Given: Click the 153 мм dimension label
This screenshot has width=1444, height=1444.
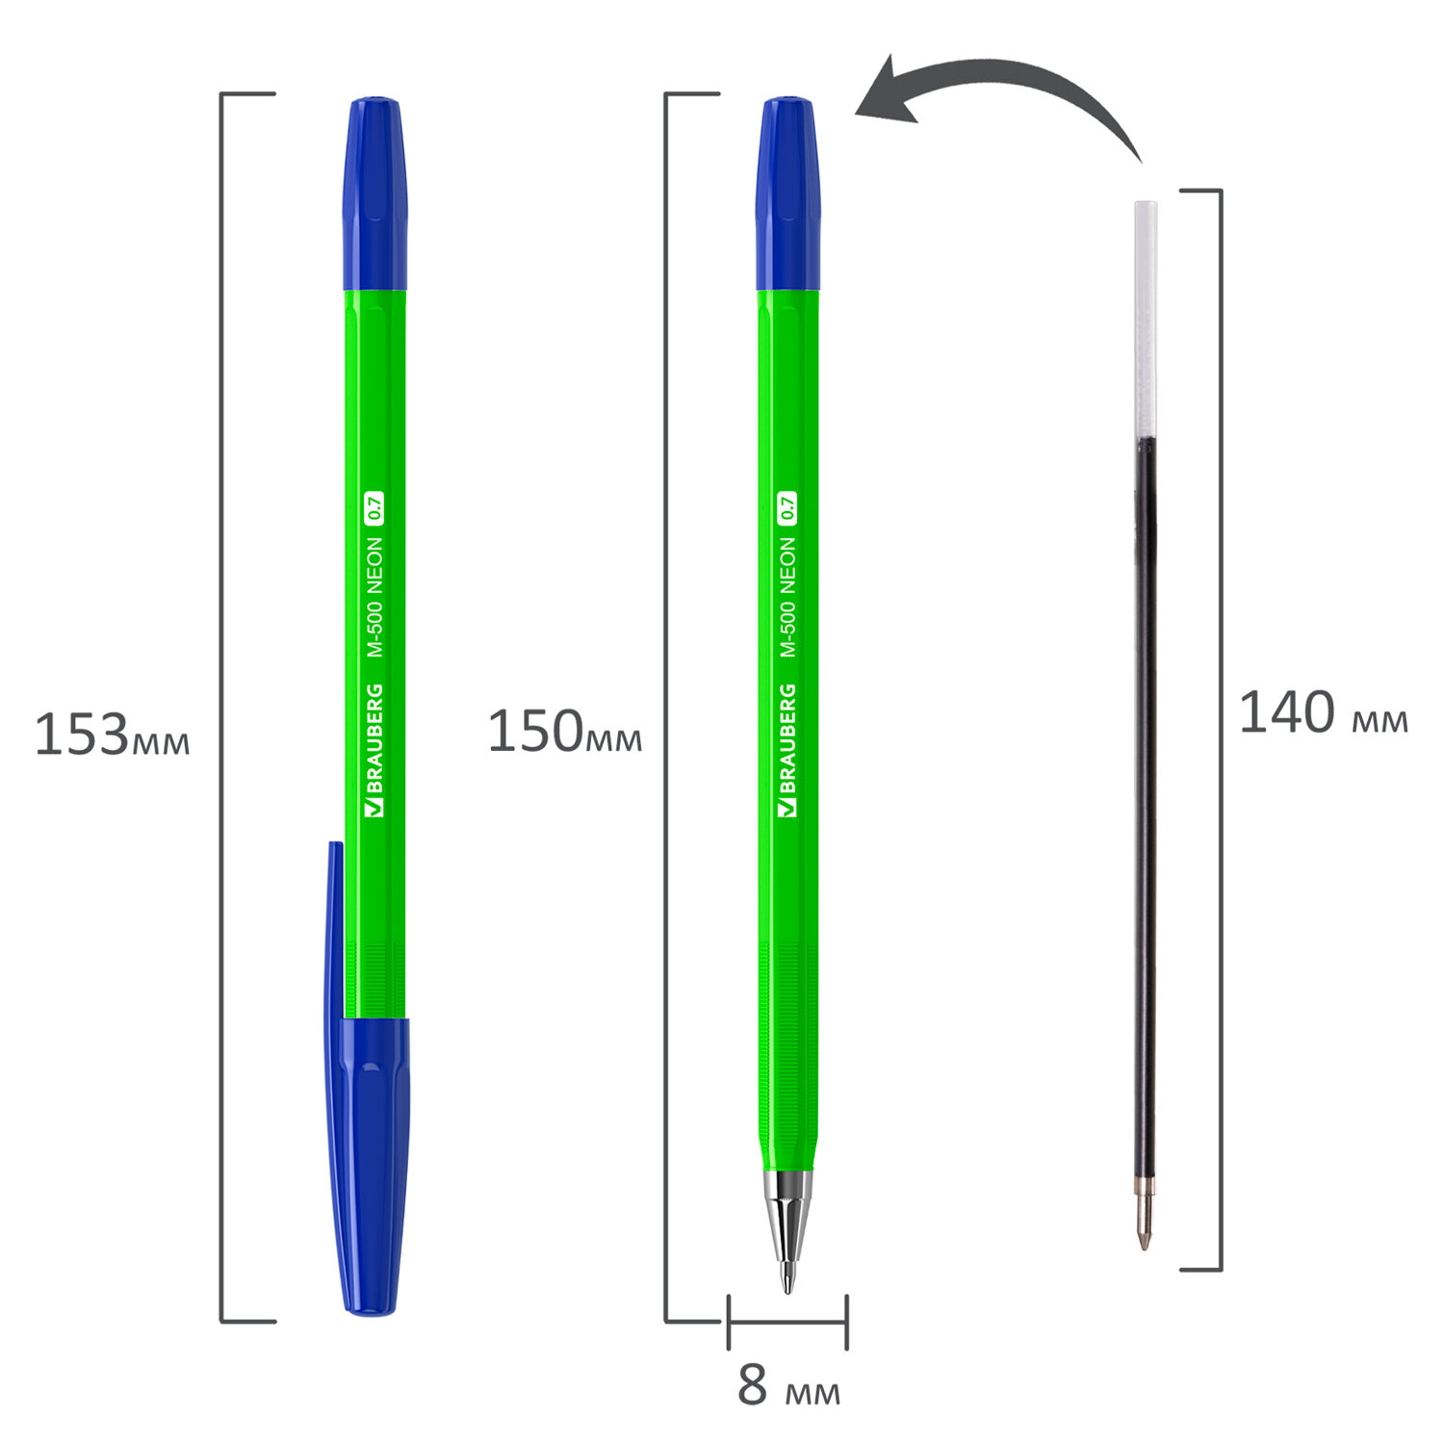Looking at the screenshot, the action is pyautogui.click(x=112, y=735).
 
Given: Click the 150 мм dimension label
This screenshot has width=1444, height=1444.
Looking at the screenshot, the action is pyautogui.click(x=565, y=732).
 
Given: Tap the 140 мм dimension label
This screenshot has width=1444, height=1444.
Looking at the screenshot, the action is pyautogui.click(x=1323, y=713).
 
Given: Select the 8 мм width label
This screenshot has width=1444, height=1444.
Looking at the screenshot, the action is pyautogui.click(x=788, y=1386).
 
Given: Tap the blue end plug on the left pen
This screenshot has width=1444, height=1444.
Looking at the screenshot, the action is pyautogui.click(x=375, y=193).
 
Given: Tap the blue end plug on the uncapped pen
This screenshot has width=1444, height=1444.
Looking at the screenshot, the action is pyautogui.click(x=787, y=193).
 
